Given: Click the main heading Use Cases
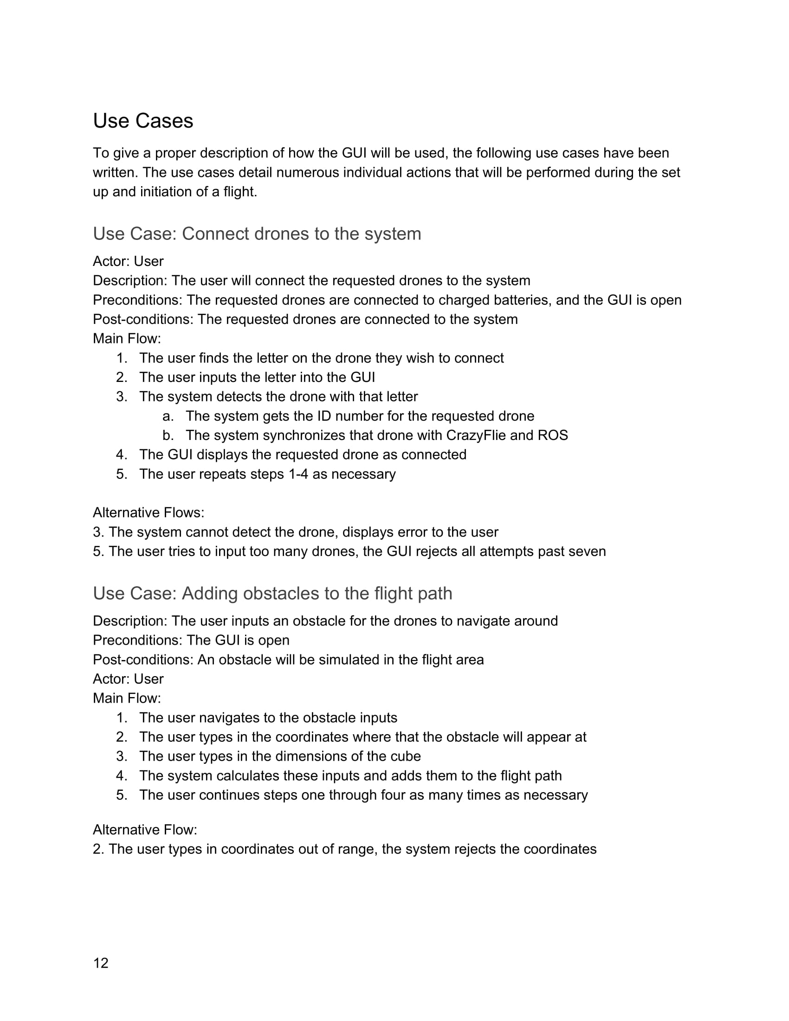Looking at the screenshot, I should [143, 121].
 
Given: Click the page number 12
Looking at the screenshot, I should [101, 963].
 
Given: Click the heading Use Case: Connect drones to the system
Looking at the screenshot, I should [257, 234].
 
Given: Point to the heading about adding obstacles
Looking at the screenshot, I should [272, 593].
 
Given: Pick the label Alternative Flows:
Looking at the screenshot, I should [149, 513].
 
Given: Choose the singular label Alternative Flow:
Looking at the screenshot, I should [145, 830].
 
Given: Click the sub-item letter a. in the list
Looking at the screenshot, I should [168, 416].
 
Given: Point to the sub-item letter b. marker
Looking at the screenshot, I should [168, 435].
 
